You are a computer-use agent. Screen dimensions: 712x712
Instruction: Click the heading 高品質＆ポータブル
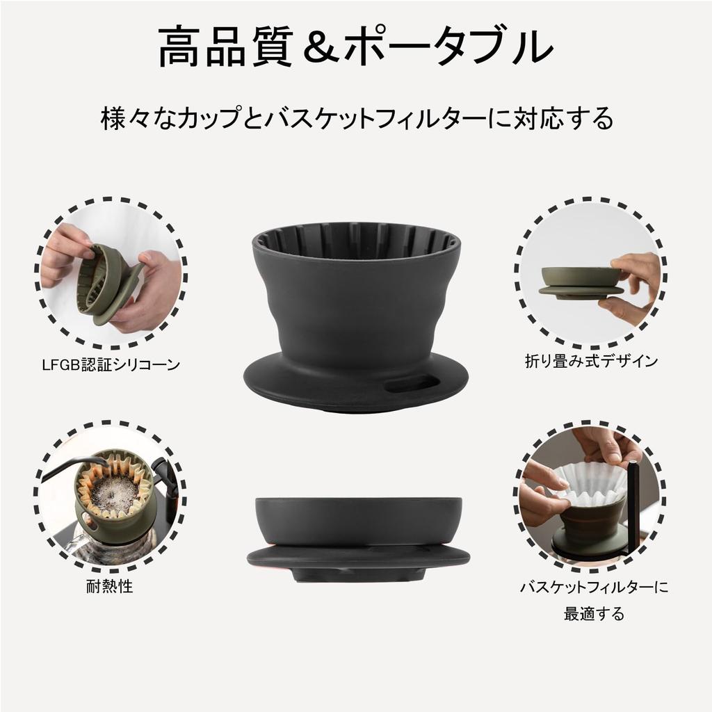(x=355, y=47)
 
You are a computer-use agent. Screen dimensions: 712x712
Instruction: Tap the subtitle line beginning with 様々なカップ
(x=355, y=118)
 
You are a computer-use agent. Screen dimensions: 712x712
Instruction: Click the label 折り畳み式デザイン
(x=591, y=360)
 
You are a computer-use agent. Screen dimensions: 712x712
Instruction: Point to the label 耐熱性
(x=110, y=585)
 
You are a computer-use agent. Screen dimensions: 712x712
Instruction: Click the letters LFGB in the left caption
(x=58, y=364)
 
